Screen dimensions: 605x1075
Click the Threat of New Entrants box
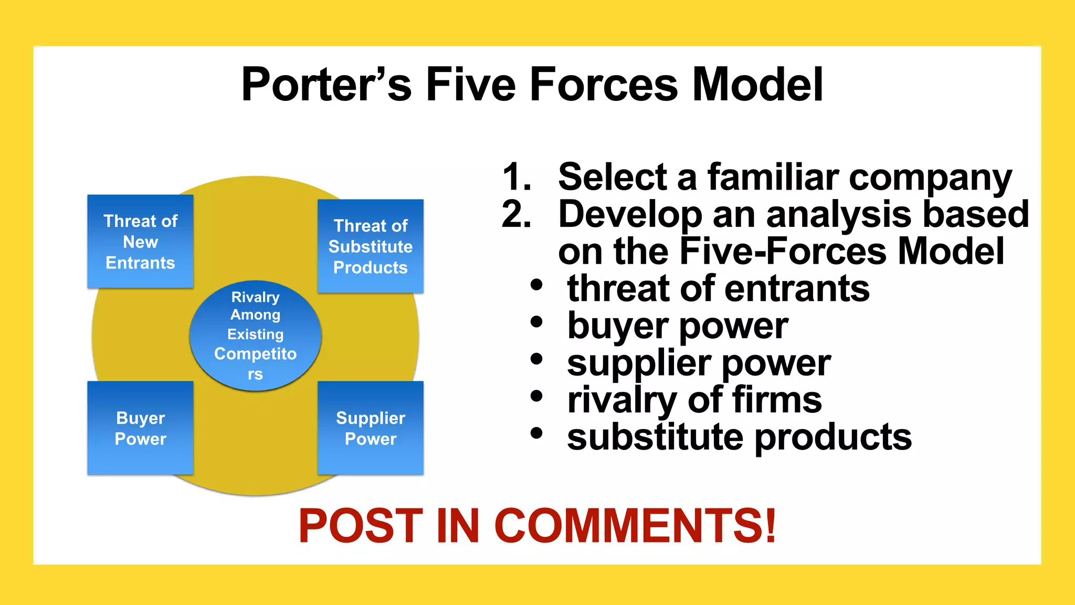coord(140,242)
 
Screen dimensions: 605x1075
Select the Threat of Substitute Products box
coord(370,246)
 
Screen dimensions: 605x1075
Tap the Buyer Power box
coord(140,428)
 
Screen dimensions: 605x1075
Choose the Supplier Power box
coord(370,428)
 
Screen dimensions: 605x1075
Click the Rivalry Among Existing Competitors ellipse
coord(255,336)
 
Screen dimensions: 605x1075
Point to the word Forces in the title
coord(604,85)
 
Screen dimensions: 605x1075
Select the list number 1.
coord(517,177)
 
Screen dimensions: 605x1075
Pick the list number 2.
coord(517,214)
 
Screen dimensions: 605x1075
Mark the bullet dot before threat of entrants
coord(536,285)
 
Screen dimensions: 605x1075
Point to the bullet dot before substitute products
coord(536,434)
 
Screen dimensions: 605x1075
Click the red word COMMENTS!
coord(635,526)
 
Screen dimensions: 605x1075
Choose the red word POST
coord(361,526)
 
